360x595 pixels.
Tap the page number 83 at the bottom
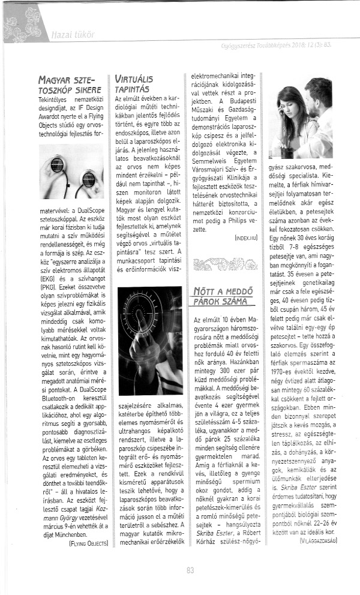[190, 570]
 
